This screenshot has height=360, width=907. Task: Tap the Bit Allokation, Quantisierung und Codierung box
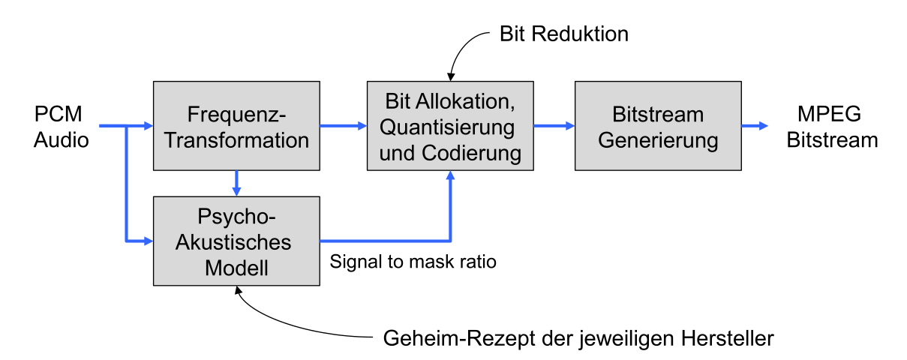coord(450,126)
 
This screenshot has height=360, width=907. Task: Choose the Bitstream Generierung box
coord(658,126)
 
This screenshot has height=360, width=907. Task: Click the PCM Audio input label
coord(61,127)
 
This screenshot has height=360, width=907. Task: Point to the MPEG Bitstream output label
coord(828,127)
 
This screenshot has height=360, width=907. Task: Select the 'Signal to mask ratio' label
coord(413,262)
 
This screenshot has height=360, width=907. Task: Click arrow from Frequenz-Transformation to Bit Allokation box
coord(343,126)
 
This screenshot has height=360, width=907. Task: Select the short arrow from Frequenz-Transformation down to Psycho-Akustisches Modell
coord(236,182)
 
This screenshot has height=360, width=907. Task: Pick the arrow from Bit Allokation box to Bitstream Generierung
coord(554,126)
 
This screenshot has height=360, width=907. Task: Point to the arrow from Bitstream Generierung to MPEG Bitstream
coord(755,126)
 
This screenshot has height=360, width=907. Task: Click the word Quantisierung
coord(450,127)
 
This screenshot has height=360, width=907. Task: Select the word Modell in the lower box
coord(236,268)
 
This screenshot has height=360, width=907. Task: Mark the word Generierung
coord(658,139)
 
